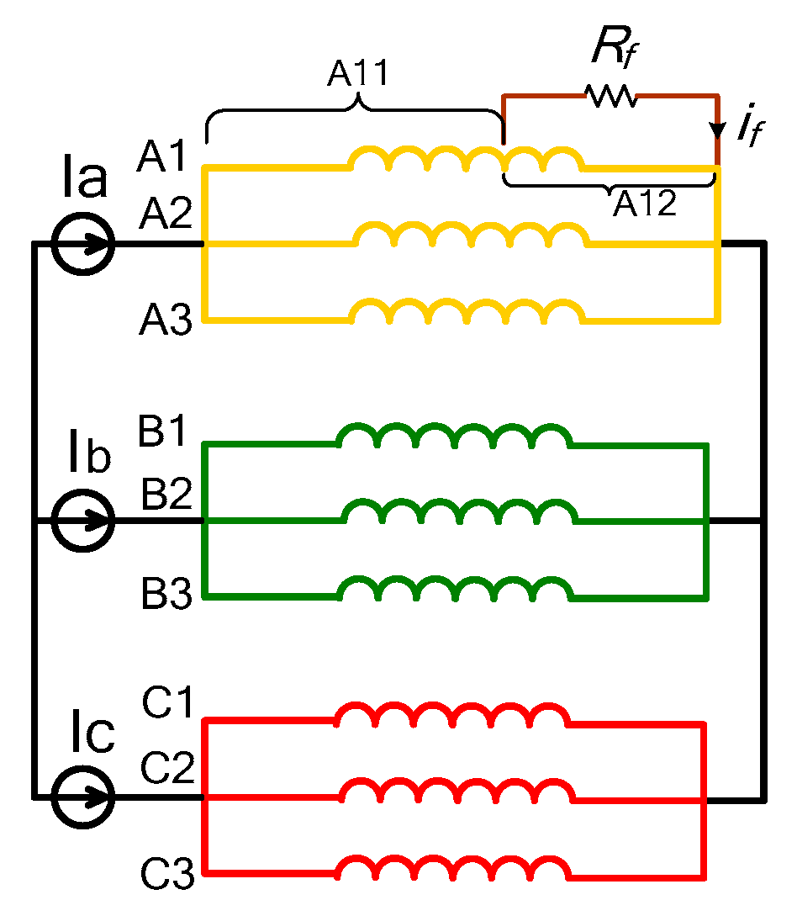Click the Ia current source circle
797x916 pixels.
[82, 244]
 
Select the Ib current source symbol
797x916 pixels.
[82, 521]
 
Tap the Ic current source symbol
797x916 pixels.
[82, 797]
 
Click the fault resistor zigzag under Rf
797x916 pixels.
[612, 96]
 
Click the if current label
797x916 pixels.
[749, 127]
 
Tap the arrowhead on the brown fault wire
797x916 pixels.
[718, 131]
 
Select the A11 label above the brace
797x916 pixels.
[358, 74]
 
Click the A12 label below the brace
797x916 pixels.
[644, 204]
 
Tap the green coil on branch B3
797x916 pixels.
[454, 587]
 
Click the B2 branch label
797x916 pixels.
[167, 496]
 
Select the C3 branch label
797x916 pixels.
[168, 876]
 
